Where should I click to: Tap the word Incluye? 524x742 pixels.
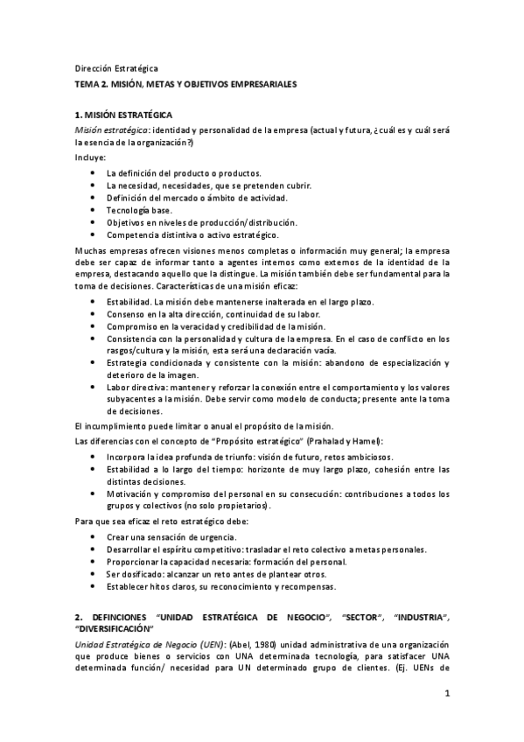click(x=90, y=157)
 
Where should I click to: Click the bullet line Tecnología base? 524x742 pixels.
click(x=139, y=210)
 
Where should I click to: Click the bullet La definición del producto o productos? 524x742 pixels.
click(x=185, y=173)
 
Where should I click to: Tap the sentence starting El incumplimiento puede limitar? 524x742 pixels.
click(x=214, y=425)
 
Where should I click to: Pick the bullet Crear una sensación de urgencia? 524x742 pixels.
click(x=175, y=536)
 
